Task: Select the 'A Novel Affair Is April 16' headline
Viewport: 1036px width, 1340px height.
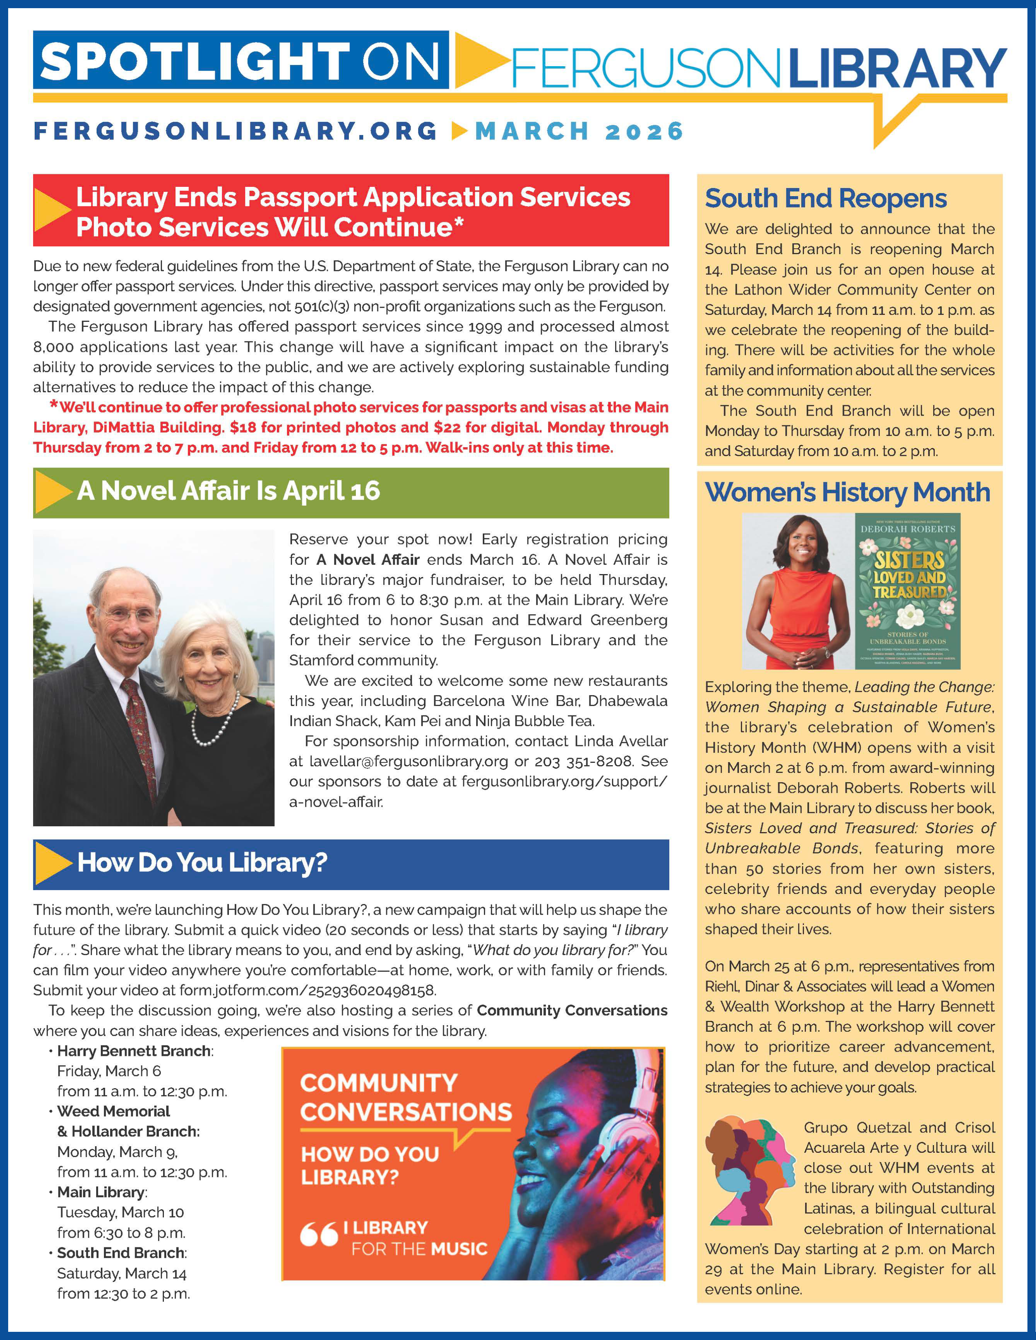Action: [228, 491]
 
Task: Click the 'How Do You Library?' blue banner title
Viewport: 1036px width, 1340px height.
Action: [202, 862]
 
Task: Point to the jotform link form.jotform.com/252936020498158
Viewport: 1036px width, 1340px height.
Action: [308, 990]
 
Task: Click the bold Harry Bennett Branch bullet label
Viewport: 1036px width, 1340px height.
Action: [134, 1051]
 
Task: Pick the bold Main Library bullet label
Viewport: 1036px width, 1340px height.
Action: [101, 1192]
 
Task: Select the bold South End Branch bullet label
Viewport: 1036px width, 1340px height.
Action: [121, 1253]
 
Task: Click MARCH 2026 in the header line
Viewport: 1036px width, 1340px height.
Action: [579, 131]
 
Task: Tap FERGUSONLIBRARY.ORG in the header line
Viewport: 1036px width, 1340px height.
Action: [236, 131]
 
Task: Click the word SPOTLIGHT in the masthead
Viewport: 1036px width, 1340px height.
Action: [195, 61]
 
